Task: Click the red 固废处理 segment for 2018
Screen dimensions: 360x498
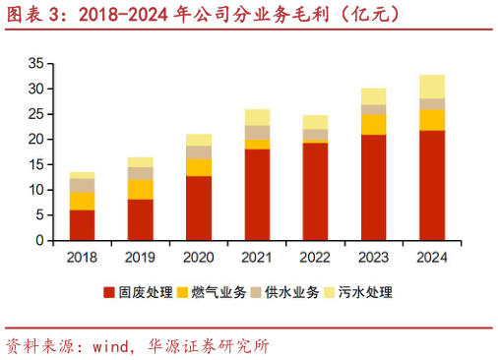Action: coord(82,225)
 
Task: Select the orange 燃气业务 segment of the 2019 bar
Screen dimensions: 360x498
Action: coord(141,189)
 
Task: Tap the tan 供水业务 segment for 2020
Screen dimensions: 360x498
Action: coord(199,151)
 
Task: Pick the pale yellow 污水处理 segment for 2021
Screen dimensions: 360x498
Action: coord(257,117)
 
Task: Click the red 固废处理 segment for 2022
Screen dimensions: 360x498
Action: coord(315,192)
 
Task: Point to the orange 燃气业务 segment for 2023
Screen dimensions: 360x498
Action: coord(373,124)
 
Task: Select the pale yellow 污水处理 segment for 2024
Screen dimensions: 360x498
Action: coord(431,87)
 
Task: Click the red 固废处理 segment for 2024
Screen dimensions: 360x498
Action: coord(431,185)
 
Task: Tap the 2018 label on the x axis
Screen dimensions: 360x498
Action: coord(82,257)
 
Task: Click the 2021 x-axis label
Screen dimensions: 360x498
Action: coord(257,257)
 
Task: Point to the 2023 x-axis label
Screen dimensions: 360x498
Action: coord(373,257)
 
